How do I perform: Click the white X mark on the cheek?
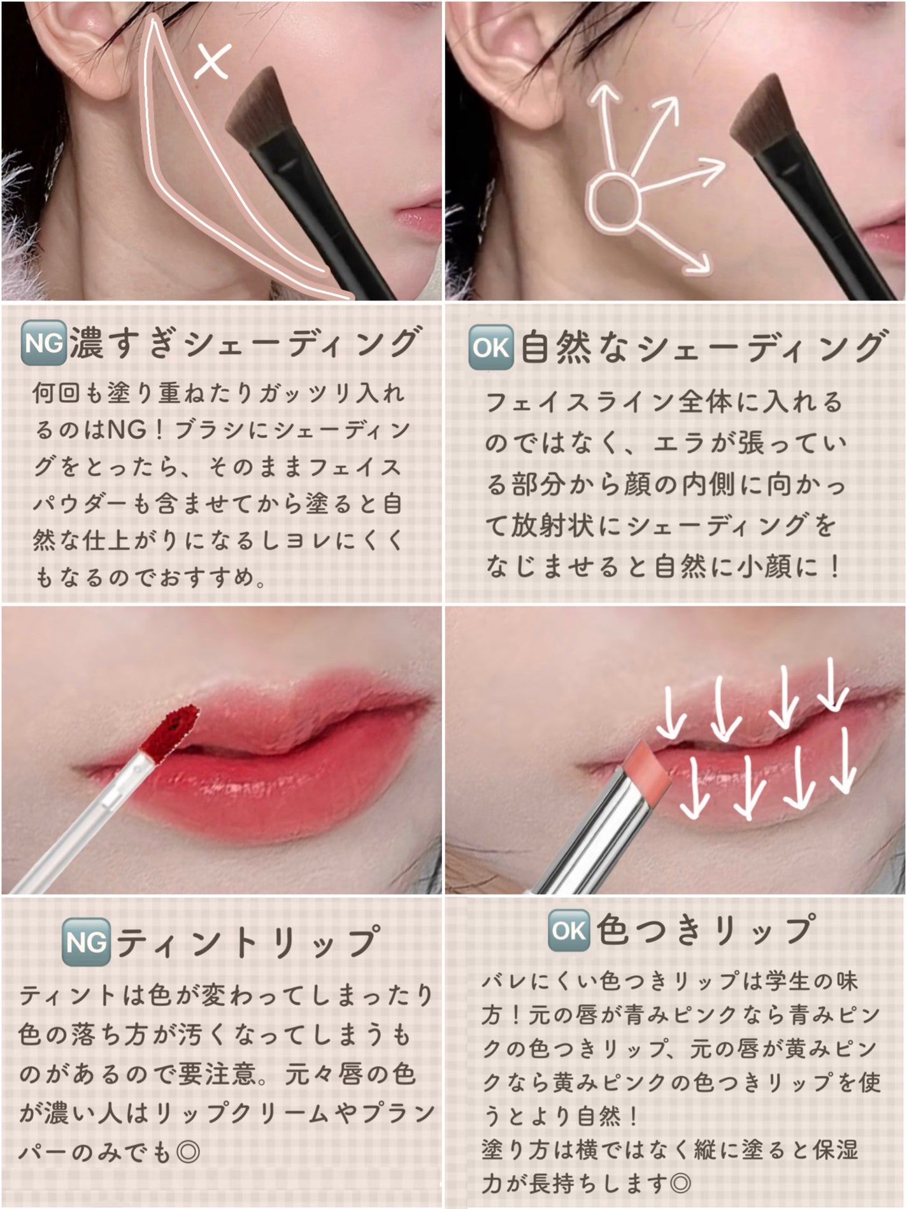pyautogui.click(x=212, y=62)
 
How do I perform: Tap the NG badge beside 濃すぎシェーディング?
pyautogui.click(x=44, y=344)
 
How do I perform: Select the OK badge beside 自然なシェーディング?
pyautogui.click(x=491, y=348)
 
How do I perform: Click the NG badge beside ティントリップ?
pyautogui.click(x=87, y=943)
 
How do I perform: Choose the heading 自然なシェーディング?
pyautogui.click(x=702, y=348)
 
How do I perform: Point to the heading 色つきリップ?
pyautogui.click(x=706, y=931)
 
